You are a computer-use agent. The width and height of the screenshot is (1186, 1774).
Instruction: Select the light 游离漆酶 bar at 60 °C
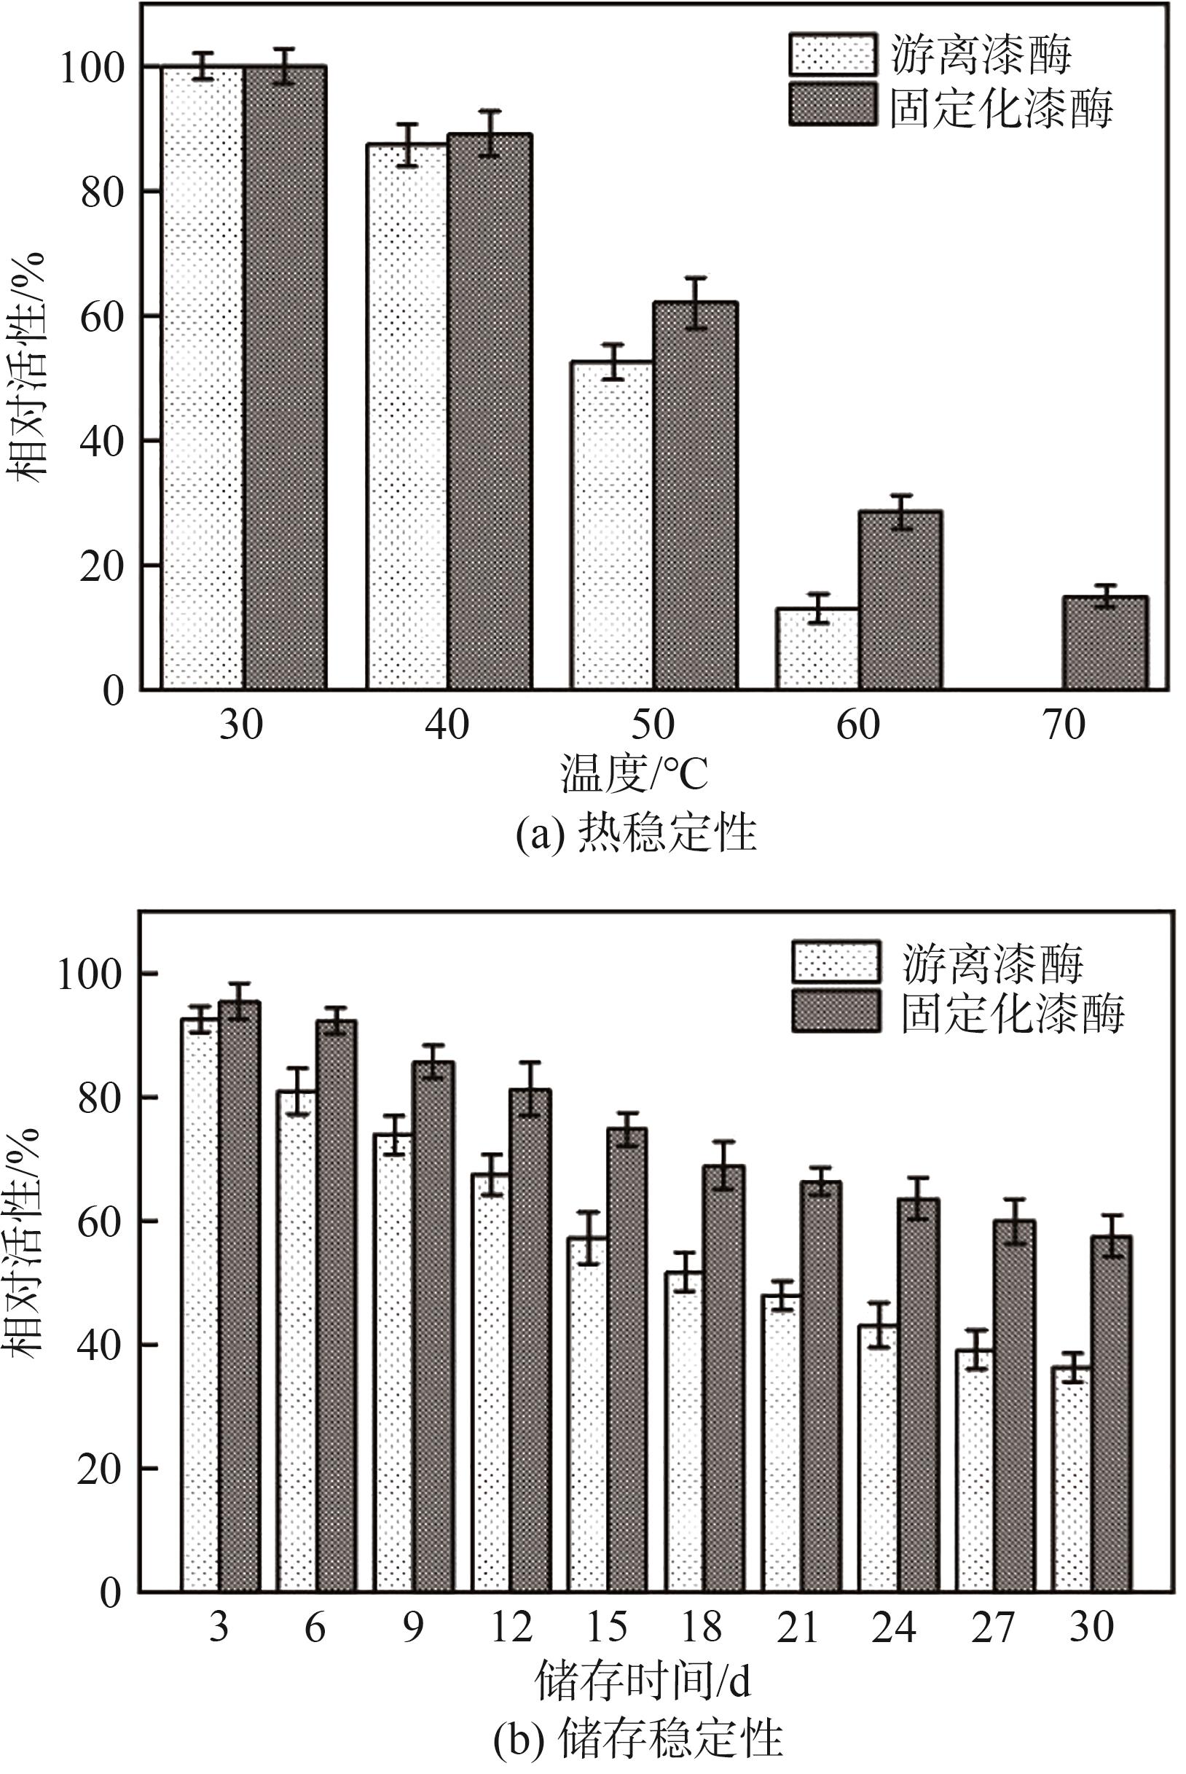[x=817, y=649]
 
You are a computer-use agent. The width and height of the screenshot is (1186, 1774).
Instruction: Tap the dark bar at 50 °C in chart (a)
[x=695, y=496]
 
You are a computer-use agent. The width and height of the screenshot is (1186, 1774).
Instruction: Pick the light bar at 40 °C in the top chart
[x=407, y=416]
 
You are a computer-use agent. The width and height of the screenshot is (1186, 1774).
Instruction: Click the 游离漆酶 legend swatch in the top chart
[x=832, y=55]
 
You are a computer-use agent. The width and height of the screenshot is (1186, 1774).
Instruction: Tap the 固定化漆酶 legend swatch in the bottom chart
[x=836, y=1012]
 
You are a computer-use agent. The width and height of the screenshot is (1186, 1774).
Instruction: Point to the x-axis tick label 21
[x=797, y=1627]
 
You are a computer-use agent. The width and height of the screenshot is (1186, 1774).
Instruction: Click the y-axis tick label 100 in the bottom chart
[x=90, y=975]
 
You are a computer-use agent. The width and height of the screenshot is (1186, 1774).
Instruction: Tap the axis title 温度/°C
[x=635, y=773]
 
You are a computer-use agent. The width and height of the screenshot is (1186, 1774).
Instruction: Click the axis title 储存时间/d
[x=643, y=1679]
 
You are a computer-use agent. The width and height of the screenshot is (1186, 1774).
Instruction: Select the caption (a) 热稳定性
[x=636, y=833]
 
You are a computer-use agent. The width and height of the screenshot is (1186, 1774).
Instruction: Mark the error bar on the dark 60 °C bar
[x=900, y=512]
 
